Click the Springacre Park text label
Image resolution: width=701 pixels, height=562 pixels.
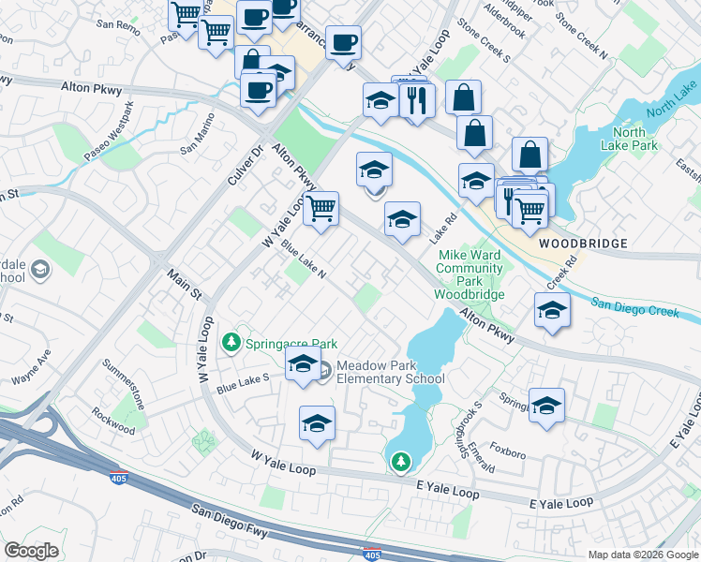pyautogui.click(x=291, y=344)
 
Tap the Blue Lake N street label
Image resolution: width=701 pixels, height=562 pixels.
pyautogui.click(x=303, y=261)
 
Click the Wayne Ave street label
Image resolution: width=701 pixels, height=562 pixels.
pyautogui.click(x=30, y=368)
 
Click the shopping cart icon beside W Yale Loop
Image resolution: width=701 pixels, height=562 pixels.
pyautogui.click(x=321, y=208)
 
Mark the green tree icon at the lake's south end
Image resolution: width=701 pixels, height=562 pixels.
pyautogui.click(x=400, y=461)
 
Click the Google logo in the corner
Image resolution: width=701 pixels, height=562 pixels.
pyautogui.click(x=31, y=550)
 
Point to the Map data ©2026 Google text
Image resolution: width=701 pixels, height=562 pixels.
pyautogui.click(x=642, y=555)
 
